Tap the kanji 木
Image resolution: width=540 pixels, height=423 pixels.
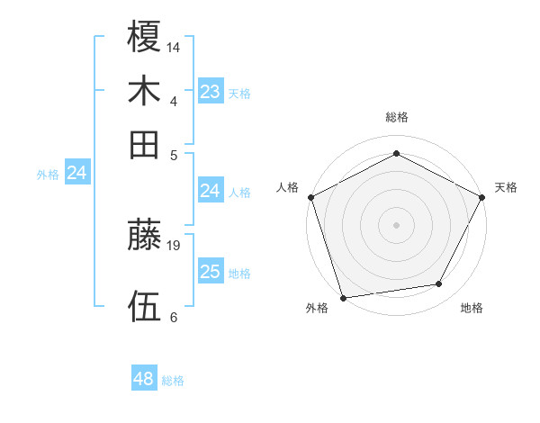145,91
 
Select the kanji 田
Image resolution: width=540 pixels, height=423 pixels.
145,144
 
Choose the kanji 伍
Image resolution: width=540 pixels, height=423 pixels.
145,307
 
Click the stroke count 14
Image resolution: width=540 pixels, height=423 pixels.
174,46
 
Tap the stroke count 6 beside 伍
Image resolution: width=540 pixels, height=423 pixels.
173,317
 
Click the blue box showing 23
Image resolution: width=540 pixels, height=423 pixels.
210,92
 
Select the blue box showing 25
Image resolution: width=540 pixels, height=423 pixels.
210,272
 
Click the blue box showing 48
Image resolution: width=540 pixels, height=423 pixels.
144,379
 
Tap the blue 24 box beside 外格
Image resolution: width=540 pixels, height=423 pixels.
76,173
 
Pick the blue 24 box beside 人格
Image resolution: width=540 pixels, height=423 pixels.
210,191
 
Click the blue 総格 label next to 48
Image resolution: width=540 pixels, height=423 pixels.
173,381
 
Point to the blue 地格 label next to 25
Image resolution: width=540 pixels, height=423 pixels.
239,274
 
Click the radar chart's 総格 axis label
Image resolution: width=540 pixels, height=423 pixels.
396,117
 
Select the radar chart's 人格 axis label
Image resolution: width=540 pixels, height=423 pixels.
287,187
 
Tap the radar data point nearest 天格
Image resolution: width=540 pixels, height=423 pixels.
482,197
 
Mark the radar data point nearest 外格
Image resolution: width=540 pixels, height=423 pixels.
343,297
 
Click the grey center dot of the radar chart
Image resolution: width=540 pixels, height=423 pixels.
396,224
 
